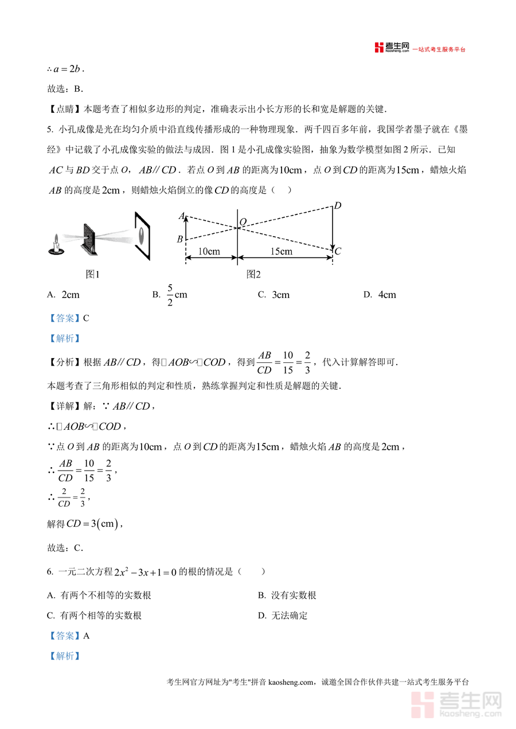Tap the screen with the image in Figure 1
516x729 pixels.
tap(142, 235)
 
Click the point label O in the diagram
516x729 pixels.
tap(243, 221)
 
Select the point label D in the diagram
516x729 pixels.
tap(338, 206)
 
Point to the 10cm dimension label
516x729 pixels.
tap(209, 252)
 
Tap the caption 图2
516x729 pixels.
tap(253, 275)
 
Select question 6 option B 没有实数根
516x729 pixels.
tap(287, 595)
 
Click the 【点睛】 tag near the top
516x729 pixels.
tap(64, 109)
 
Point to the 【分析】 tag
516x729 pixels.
tap(64, 363)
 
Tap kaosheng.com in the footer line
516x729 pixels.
tap(292, 682)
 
